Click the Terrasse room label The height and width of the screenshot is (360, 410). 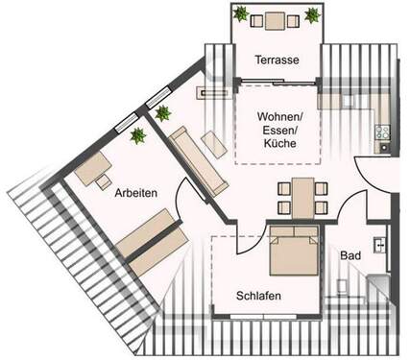[276, 60]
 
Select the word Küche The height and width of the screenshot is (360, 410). [277, 144]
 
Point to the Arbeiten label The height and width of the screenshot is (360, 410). [135, 193]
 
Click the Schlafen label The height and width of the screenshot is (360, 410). [258, 297]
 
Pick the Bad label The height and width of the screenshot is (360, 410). [350, 256]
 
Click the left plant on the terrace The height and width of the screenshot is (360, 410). [241, 14]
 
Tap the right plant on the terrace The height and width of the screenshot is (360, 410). [312, 14]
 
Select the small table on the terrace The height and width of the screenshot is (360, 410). [277, 20]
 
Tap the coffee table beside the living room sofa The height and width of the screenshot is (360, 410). [218, 144]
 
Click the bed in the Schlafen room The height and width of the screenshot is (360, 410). [293, 251]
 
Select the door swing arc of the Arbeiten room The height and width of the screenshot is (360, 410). [196, 193]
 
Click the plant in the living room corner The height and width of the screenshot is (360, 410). [163, 113]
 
